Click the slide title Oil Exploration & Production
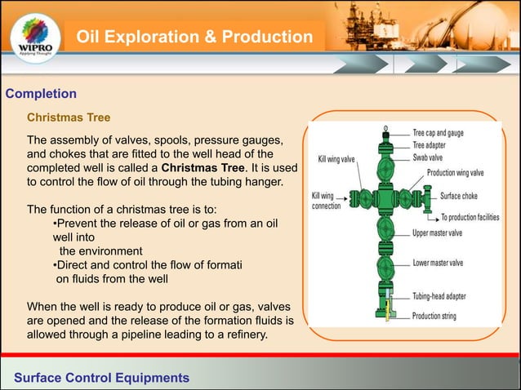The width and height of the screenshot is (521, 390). click(x=194, y=38)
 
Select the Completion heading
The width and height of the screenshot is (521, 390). click(x=41, y=94)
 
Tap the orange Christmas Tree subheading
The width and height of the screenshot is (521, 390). click(x=69, y=117)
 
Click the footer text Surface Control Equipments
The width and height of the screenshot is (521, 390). click(x=102, y=378)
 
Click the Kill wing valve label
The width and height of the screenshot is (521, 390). click(x=336, y=159)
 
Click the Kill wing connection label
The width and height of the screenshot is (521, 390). click(x=327, y=201)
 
